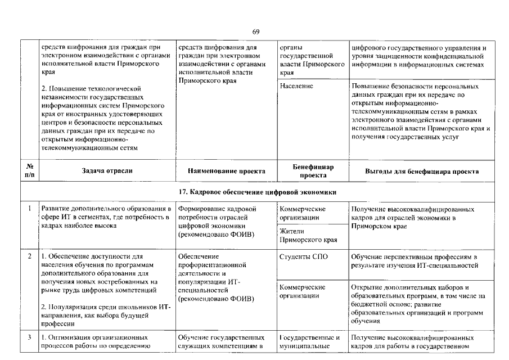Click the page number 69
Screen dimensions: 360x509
pos(255,31)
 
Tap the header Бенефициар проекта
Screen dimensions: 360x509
pos(313,171)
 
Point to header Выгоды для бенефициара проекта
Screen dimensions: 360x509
pos(421,172)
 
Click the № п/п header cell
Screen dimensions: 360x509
pos(29,171)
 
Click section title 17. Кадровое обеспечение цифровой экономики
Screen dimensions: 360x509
pos(254,193)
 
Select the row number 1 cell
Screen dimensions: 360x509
pos(29,209)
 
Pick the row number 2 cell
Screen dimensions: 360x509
pos(29,257)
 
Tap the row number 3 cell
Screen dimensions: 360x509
pos(29,337)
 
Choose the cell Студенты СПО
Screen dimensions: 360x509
pos(303,257)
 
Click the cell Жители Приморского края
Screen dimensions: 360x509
pos(308,236)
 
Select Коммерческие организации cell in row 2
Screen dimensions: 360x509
pos(303,291)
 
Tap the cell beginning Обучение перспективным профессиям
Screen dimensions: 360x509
pos(413,261)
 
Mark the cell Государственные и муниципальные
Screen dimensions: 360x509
pos(310,341)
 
